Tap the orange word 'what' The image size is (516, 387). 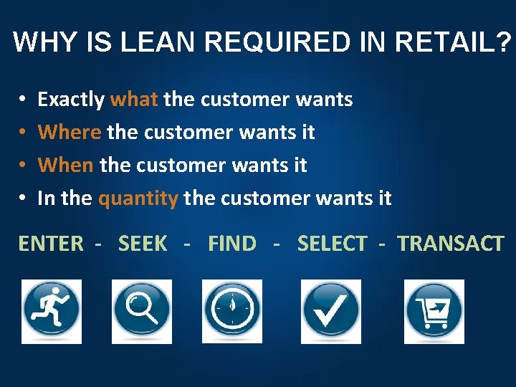point(134,99)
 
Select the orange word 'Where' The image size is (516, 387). point(70,132)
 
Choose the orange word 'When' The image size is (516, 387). point(66,165)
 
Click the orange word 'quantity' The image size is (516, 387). point(138,199)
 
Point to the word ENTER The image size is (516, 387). point(50,244)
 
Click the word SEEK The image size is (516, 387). point(143,244)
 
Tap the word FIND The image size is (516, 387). point(231,244)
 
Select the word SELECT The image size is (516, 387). point(332,244)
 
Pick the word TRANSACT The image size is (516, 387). point(451,244)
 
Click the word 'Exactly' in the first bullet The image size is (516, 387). point(71,99)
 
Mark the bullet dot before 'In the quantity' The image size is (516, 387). point(24,198)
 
